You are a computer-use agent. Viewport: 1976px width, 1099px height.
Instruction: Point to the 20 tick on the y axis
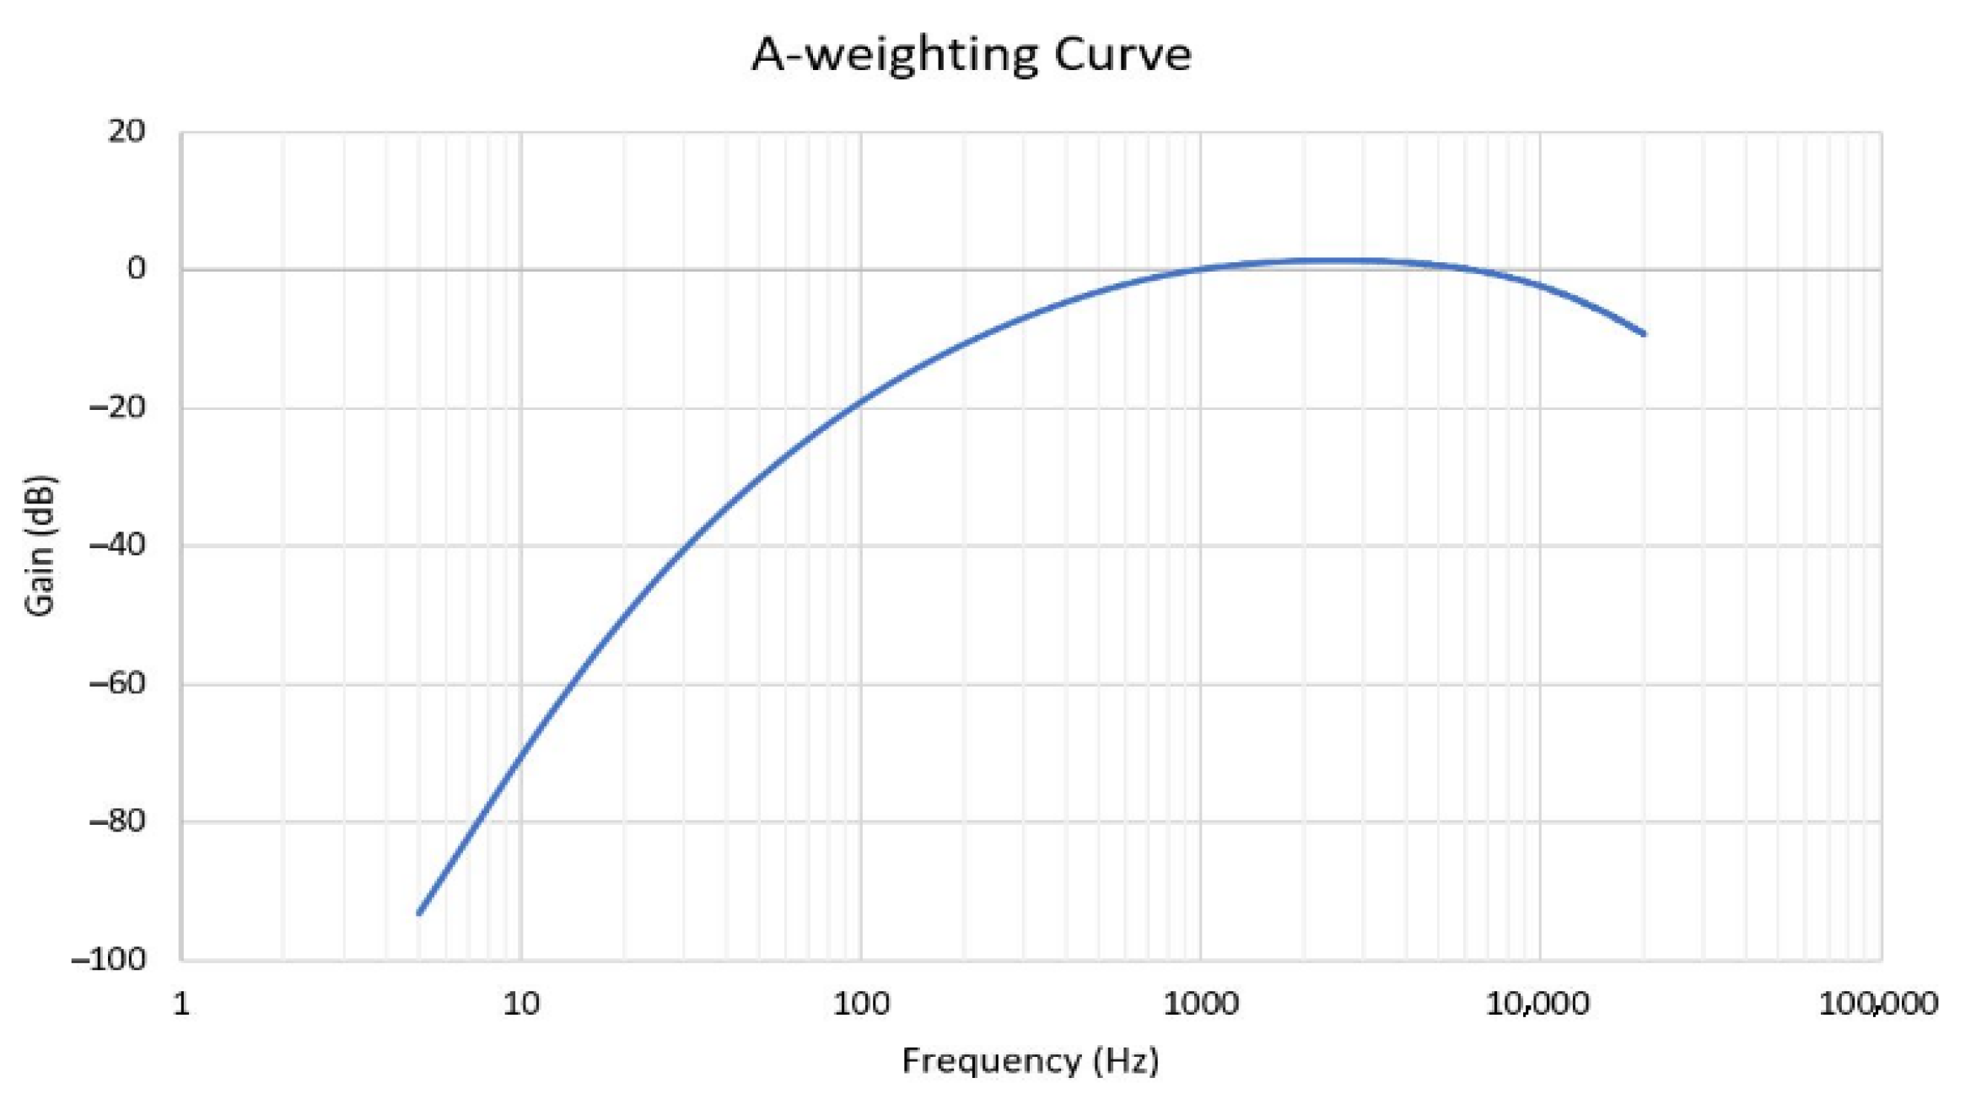pos(127,132)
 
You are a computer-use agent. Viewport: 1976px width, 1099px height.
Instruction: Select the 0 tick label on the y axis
pos(136,269)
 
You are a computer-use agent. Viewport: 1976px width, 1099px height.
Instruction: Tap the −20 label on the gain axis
pos(117,407)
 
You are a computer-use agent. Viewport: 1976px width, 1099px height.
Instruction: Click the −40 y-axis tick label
pos(117,545)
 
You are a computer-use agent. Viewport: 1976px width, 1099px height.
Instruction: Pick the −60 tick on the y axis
pos(117,683)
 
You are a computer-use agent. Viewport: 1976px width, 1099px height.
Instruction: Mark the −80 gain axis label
pos(117,821)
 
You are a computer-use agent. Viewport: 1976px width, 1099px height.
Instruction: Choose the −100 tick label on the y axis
pos(109,959)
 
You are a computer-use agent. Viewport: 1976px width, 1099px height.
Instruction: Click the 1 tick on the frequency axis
pos(181,1004)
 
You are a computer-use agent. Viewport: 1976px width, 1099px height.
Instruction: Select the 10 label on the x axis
pos(520,1004)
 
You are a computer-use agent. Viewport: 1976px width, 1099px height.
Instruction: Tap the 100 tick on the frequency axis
pos(861,1004)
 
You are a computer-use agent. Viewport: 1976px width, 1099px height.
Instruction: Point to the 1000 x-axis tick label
pos(1200,1004)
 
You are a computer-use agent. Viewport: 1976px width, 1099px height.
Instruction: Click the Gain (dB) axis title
pos(40,546)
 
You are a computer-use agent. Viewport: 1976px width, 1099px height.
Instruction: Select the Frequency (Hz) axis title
pos(1030,1060)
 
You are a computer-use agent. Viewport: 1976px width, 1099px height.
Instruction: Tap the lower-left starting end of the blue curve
pos(419,913)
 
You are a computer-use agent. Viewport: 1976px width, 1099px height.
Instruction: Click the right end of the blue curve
pos(1644,334)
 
